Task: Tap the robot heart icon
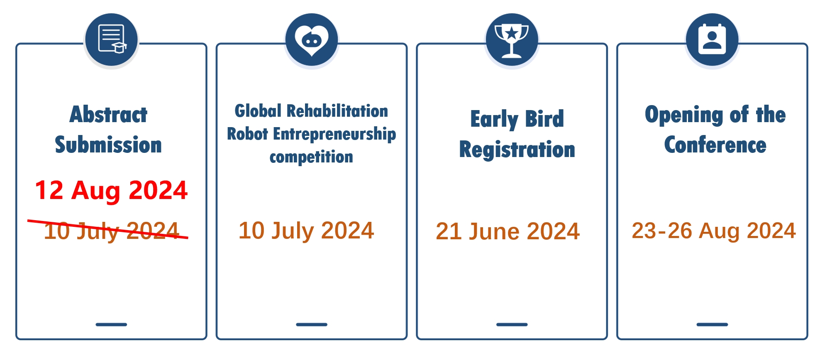(x=312, y=39)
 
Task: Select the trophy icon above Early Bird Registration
(x=512, y=39)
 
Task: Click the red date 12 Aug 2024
(x=111, y=191)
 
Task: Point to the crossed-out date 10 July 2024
(x=111, y=231)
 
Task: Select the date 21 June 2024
(x=508, y=231)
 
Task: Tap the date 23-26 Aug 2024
(x=714, y=231)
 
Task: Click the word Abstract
(x=108, y=114)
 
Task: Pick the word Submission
(x=108, y=145)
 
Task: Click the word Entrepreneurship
(x=334, y=135)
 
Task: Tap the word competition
(x=311, y=157)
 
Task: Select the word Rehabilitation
(x=337, y=111)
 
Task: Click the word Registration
(x=517, y=150)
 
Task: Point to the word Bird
(x=544, y=119)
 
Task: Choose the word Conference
(x=715, y=145)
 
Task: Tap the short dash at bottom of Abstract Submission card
(x=111, y=324)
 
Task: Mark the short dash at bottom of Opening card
(x=712, y=324)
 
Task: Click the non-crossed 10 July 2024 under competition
(x=306, y=231)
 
